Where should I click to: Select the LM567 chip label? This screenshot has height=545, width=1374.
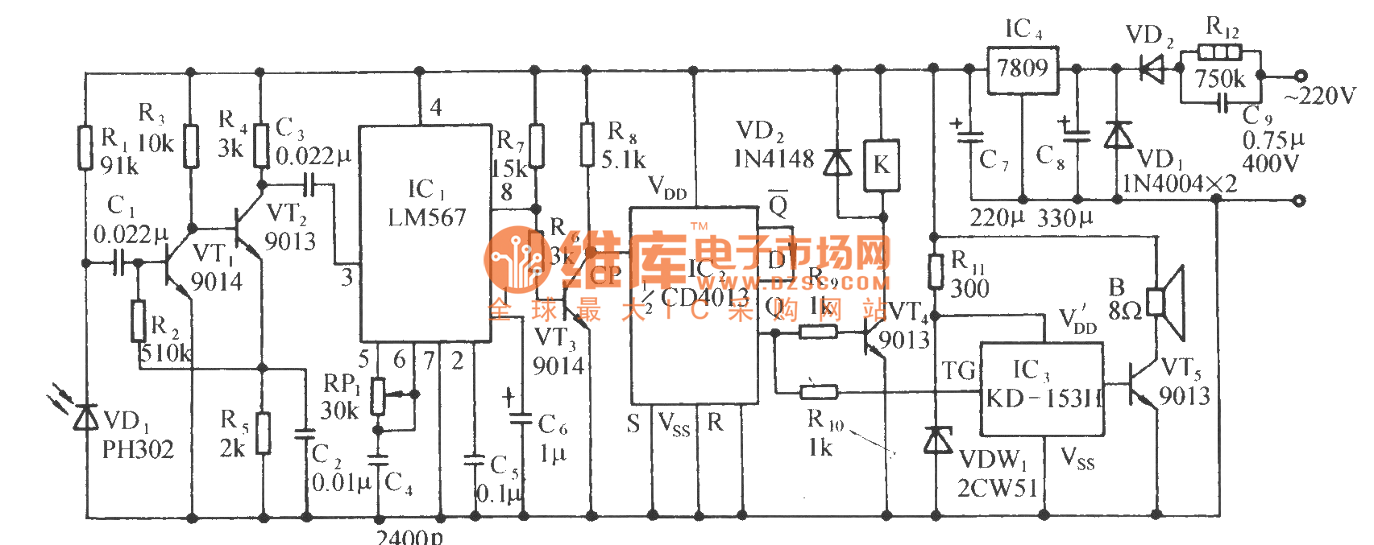tap(426, 218)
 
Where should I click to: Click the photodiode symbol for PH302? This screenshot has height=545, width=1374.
tap(85, 418)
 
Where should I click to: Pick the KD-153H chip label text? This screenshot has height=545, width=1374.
tap(1044, 398)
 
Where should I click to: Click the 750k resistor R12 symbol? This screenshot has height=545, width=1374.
tap(1219, 53)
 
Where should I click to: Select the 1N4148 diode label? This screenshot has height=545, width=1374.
tap(774, 159)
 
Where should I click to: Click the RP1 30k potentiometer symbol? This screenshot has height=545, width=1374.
tap(378, 395)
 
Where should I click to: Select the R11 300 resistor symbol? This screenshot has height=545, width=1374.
tap(935, 271)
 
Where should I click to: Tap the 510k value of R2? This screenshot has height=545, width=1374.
tap(165, 353)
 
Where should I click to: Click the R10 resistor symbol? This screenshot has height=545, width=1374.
tap(818, 392)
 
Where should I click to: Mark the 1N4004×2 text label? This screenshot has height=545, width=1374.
tap(1179, 184)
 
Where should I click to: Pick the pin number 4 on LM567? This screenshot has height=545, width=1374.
tap(435, 107)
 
